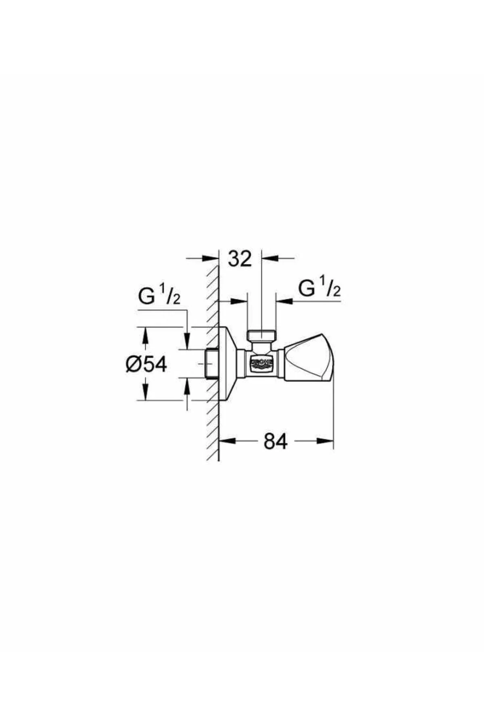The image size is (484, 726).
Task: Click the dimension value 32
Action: (x=240, y=259)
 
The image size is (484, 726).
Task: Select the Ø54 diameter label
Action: (x=146, y=365)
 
